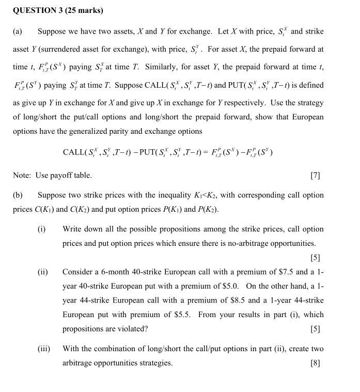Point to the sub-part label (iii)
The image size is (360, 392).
(43, 349)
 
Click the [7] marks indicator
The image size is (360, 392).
(315, 176)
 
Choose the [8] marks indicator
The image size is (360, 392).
(315, 363)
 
